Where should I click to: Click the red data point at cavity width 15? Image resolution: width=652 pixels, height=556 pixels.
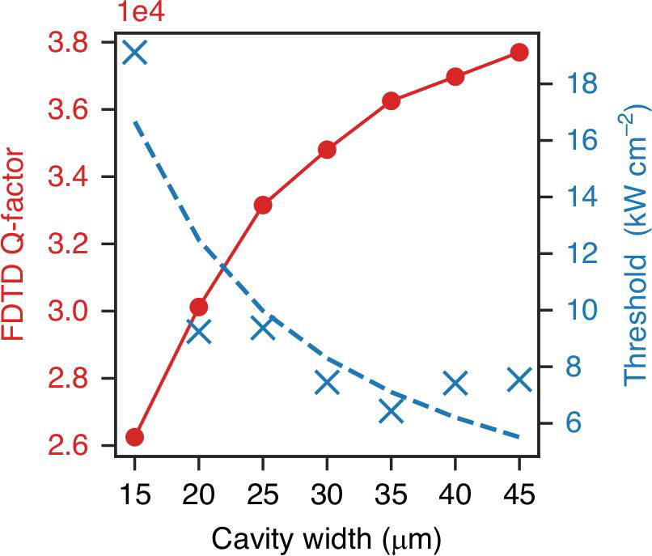pyautogui.click(x=135, y=437)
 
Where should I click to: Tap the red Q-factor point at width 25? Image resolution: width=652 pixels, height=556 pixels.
pyautogui.click(x=263, y=205)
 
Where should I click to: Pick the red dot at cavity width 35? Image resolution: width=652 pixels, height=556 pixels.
pyautogui.click(x=392, y=101)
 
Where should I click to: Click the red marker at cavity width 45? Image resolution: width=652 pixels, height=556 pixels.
pyautogui.click(x=519, y=53)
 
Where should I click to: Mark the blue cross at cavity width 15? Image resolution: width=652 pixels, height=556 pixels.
pyautogui.click(x=135, y=53)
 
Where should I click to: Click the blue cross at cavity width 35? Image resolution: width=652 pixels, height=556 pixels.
pyautogui.click(x=392, y=411)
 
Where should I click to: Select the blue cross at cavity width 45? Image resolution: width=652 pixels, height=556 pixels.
pyautogui.click(x=519, y=379)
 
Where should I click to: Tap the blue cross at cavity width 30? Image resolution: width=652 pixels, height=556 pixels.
pyautogui.click(x=327, y=382)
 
